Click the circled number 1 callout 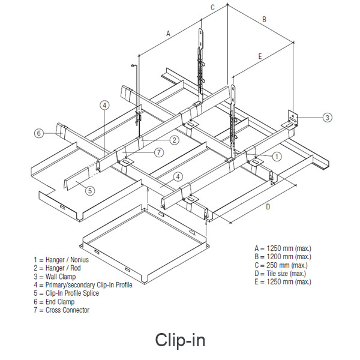(x=277, y=156)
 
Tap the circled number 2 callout (x=174, y=140)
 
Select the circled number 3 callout (x=327, y=118)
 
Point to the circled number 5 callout (x=89, y=191)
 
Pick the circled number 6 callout (x=38, y=133)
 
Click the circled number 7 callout (x=158, y=152)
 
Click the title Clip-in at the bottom (x=180, y=340)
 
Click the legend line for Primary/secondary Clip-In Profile (x=83, y=284)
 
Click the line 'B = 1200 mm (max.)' (x=283, y=256)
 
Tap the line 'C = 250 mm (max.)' (x=281, y=265)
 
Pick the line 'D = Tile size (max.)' (x=283, y=273)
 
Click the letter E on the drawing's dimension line (x=260, y=56)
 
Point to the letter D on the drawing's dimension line (x=268, y=207)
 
